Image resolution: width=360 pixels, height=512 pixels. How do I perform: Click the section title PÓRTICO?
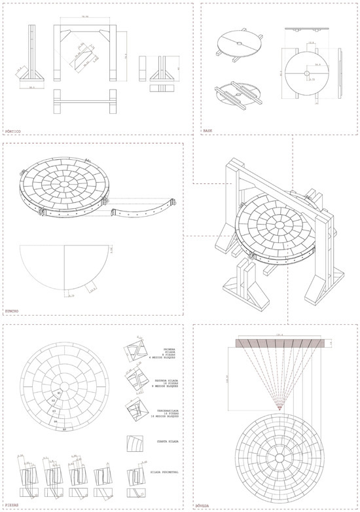(x=13, y=132)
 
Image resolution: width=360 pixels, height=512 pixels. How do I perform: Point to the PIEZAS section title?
(x=12, y=505)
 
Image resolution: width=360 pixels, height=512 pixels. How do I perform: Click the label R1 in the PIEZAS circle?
(x=60, y=392)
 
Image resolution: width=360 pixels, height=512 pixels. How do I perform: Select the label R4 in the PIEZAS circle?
(x=56, y=421)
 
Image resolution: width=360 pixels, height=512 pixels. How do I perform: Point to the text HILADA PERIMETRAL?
(x=165, y=471)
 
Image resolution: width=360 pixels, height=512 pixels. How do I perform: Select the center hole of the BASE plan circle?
(x=305, y=74)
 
